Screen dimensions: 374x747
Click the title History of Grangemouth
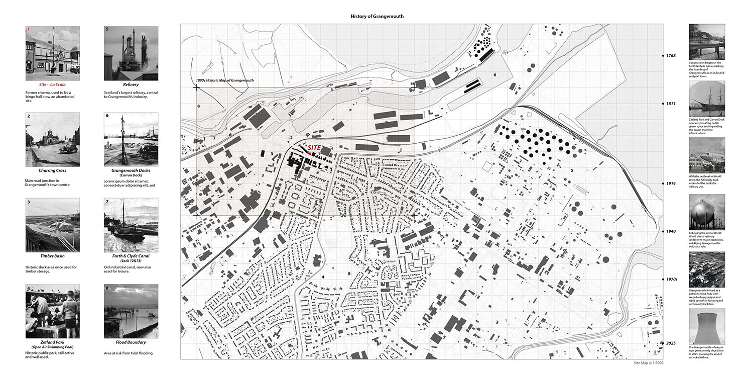377,17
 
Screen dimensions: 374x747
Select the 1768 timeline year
671,56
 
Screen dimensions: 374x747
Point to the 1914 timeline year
671,183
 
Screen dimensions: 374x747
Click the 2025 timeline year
671,343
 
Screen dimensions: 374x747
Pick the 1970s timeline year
672,279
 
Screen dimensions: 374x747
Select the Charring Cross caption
52,170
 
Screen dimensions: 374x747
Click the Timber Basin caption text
52,256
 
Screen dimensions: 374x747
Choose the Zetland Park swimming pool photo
52,311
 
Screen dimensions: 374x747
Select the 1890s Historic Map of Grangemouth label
225,80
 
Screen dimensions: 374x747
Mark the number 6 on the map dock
494,75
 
